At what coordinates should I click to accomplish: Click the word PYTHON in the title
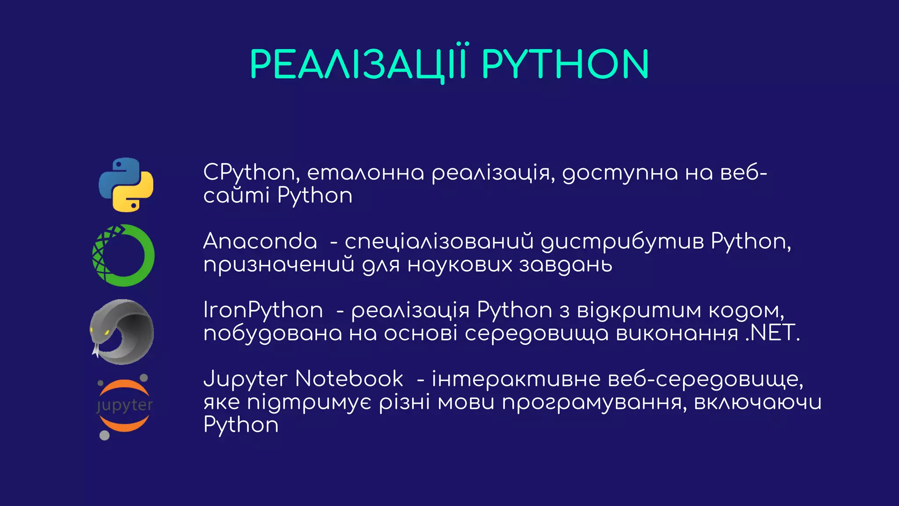point(565,64)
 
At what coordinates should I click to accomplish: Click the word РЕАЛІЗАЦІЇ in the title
point(358,64)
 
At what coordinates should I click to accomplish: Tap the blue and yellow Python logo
point(126,185)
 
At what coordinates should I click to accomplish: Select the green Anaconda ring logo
point(123,256)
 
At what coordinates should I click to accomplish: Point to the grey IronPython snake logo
point(122,332)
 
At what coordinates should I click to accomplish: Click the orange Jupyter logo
point(124,406)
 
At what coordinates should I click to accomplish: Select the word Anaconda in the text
point(260,241)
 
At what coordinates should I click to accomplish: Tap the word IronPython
point(263,310)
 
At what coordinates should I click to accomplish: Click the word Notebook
point(349,379)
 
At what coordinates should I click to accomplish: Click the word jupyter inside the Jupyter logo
point(124,405)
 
